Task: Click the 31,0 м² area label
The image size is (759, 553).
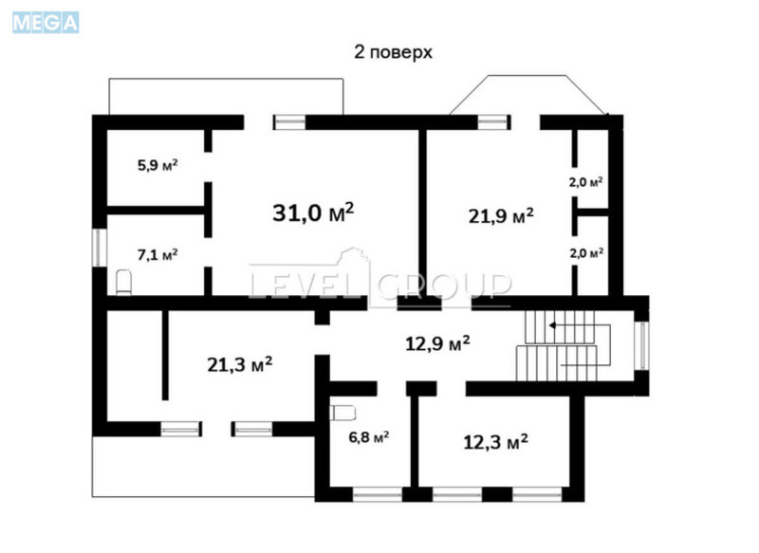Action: (x=313, y=212)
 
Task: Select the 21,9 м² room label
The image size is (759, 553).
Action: (x=501, y=215)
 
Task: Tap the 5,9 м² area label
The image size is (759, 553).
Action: (x=157, y=164)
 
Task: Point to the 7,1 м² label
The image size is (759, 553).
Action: (x=157, y=253)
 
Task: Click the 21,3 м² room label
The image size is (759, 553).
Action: (x=240, y=363)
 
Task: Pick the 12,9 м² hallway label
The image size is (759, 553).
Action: (x=437, y=342)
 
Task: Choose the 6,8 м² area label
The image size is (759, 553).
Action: (x=368, y=437)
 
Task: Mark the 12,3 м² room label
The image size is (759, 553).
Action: (x=495, y=442)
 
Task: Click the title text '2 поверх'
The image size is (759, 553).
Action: (x=393, y=52)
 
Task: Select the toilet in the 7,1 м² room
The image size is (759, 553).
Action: (x=121, y=282)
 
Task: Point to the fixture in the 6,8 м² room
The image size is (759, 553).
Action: (x=342, y=412)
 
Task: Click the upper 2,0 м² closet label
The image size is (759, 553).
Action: (x=586, y=181)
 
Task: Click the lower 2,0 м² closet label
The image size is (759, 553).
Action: (x=586, y=253)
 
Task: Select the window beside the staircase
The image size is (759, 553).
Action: (x=642, y=345)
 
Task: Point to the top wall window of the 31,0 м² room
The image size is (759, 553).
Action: (x=288, y=121)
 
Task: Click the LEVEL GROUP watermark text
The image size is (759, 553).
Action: (x=379, y=284)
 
